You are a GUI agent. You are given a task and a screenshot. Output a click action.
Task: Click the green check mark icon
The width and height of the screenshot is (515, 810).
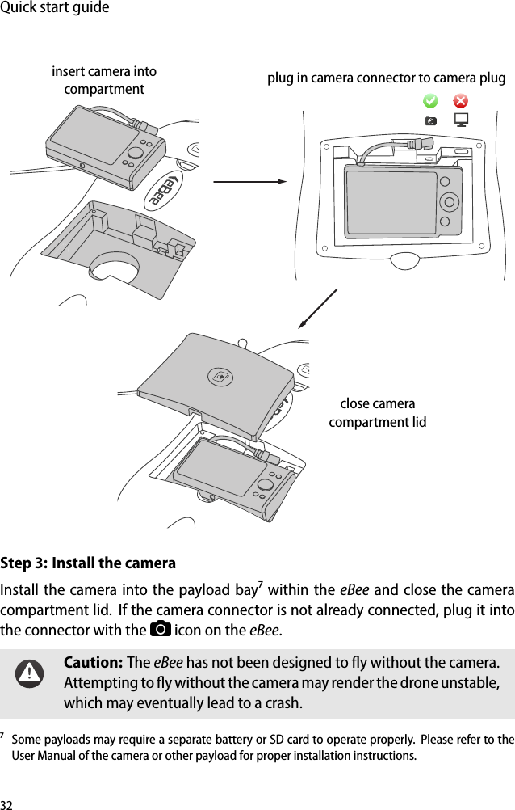pyautogui.click(x=430, y=101)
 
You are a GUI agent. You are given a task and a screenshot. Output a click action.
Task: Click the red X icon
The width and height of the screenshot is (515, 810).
pyautogui.click(x=460, y=101)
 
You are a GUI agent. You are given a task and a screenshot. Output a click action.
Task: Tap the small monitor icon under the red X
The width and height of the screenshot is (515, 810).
pyautogui.click(x=461, y=120)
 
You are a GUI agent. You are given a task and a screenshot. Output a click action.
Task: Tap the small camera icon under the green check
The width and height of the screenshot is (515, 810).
pyautogui.click(x=430, y=120)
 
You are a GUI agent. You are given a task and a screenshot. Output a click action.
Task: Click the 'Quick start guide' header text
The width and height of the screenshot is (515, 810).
pyautogui.click(x=55, y=8)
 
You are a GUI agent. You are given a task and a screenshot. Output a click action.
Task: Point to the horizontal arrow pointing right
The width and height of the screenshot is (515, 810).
pyautogui.click(x=249, y=181)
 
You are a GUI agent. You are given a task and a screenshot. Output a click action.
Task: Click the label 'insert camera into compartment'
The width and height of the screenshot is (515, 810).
pyautogui.click(x=104, y=80)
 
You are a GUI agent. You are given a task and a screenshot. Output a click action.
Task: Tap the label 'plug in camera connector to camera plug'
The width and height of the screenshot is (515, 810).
pyautogui.click(x=386, y=78)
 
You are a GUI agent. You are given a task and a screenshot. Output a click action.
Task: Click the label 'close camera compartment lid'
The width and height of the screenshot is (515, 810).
pyautogui.click(x=377, y=412)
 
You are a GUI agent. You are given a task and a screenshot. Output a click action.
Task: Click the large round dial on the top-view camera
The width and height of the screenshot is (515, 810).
pyautogui.click(x=448, y=201)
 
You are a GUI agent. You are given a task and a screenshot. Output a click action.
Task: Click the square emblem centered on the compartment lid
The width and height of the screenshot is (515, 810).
pyautogui.click(x=219, y=376)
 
